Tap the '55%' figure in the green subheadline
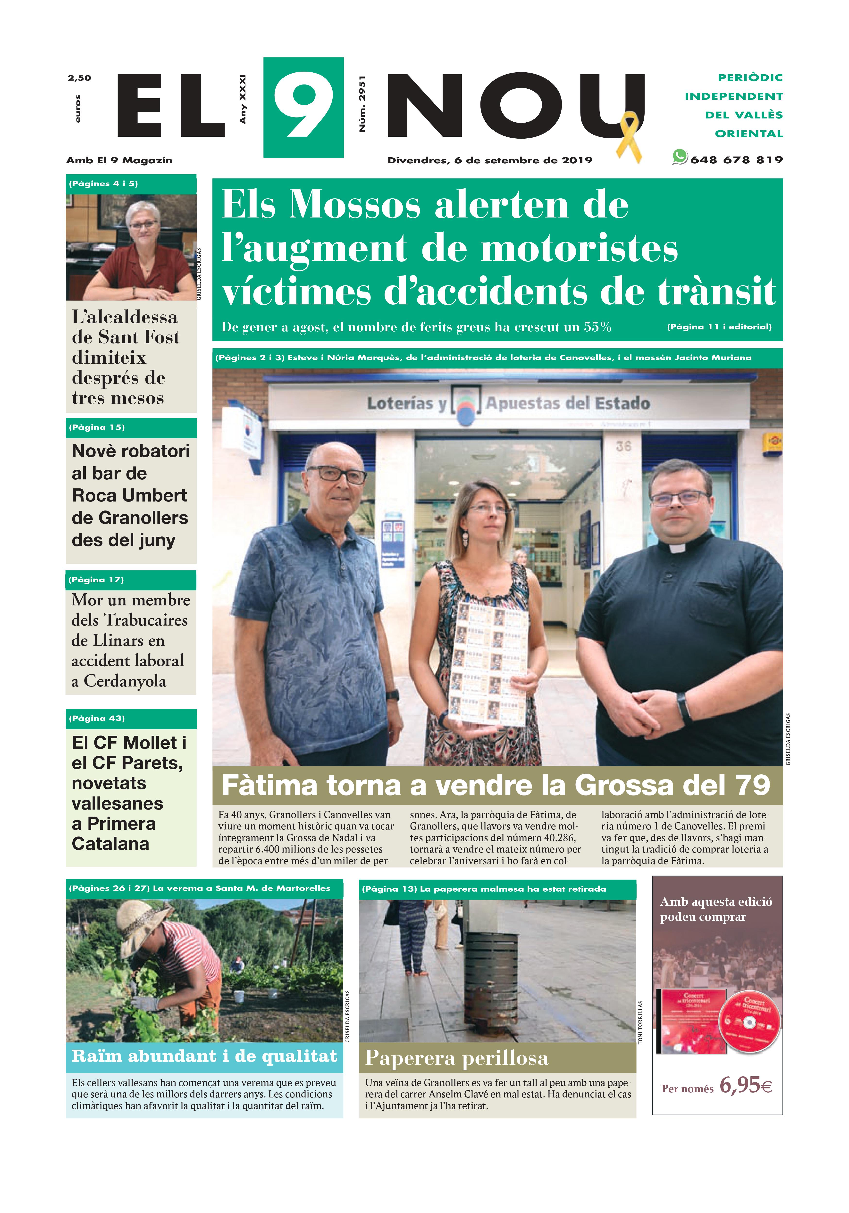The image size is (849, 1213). pos(597,327)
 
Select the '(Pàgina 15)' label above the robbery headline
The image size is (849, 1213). pos(97,427)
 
